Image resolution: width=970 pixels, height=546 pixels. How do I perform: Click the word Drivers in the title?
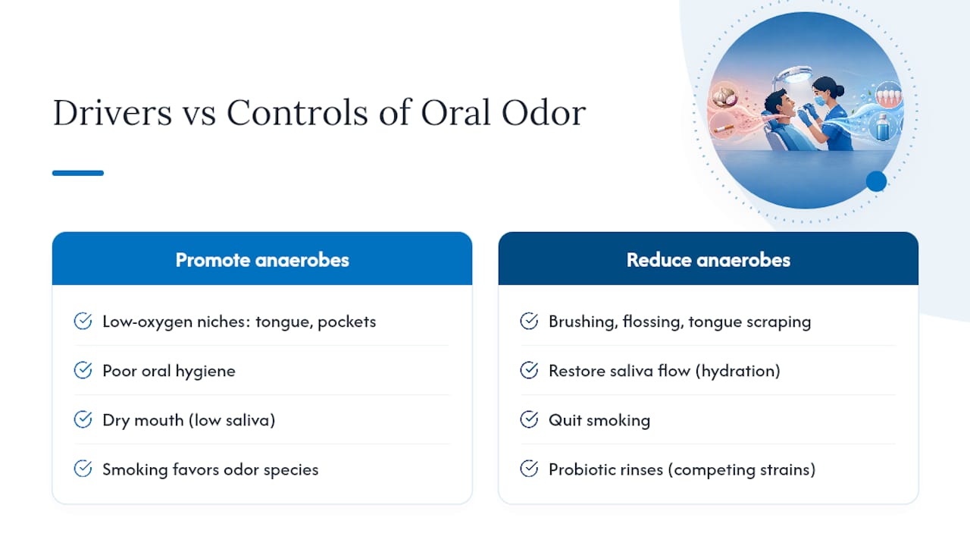point(112,113)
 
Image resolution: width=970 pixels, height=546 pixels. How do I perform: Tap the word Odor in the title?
point(543,113)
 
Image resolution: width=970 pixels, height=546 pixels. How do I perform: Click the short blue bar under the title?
point(78,173)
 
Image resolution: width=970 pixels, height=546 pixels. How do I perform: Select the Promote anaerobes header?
point(262,260)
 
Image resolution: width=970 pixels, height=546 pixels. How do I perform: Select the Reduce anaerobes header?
point(708,260)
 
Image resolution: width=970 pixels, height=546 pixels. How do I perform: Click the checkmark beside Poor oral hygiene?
point(83,371)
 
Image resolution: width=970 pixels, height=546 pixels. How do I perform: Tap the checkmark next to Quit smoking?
point(529,419)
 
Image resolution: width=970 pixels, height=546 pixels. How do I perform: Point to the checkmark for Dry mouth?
point(83,419)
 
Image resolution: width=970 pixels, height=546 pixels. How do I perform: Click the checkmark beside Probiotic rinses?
point(529,469)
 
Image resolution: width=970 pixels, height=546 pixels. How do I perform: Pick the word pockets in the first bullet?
point(346,322)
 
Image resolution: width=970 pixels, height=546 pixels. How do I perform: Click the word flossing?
point(652,322)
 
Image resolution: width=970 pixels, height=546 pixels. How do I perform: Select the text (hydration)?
point(738,371)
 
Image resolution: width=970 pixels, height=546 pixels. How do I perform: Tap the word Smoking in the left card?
point(135,469)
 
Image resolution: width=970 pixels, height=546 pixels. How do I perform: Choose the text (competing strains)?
point(742,469)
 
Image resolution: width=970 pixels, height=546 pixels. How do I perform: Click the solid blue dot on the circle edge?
point(876,181)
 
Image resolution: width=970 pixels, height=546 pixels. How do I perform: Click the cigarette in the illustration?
point(724,128)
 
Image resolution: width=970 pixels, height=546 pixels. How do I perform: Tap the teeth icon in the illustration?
point(889,96)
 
